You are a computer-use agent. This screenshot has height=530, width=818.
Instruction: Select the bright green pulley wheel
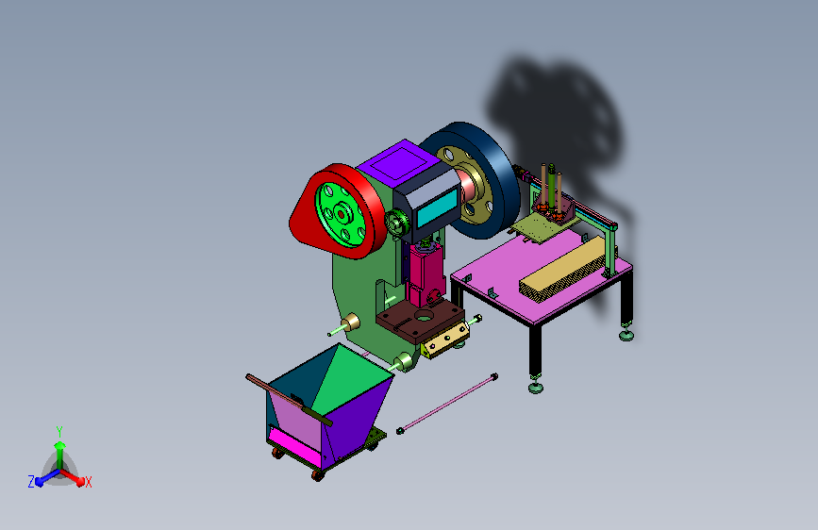pos(342,214)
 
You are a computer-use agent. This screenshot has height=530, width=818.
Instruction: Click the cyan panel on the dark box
pos(438,208)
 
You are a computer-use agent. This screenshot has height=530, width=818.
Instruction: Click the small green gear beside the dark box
pos(398,223)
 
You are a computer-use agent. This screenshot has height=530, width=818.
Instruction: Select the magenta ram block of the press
pos(426,273)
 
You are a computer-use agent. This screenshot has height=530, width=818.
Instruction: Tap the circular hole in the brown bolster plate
pos(425,315)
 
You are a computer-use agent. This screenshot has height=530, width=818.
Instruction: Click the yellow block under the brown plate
pos(445,340)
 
